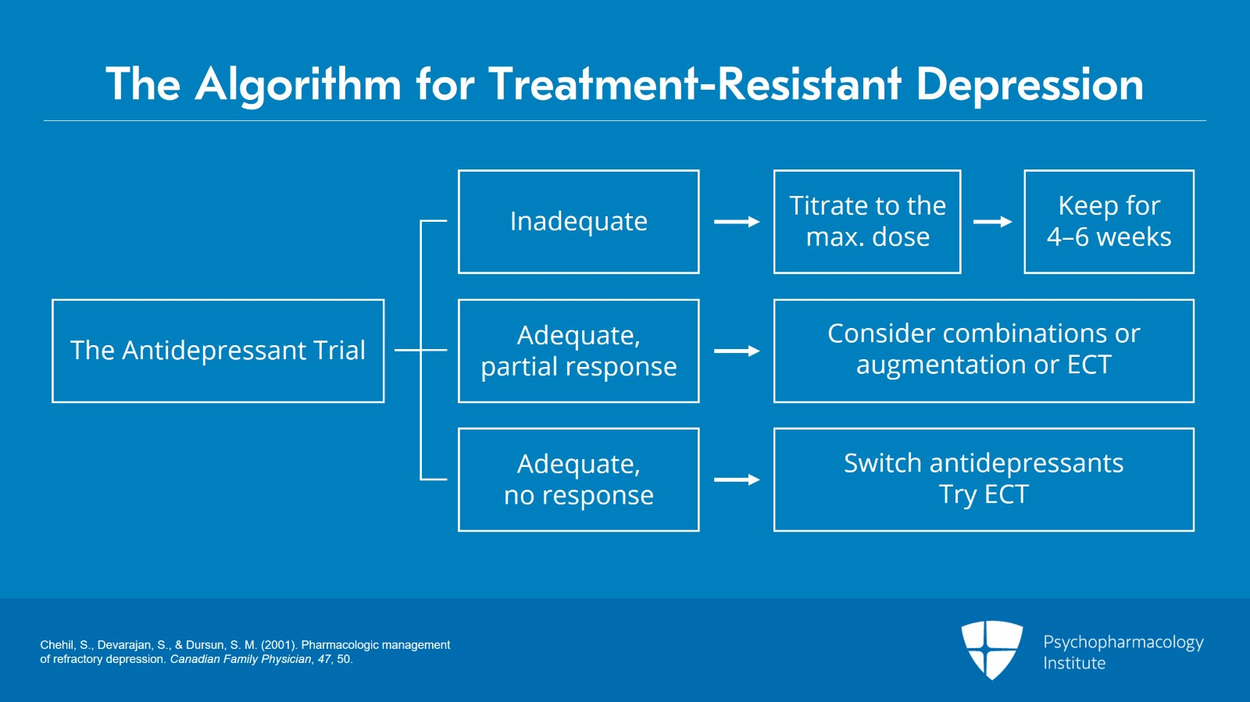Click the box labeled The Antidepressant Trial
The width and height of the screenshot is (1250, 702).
(x=218, y=351)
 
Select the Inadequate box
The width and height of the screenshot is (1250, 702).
(x=578, y=222)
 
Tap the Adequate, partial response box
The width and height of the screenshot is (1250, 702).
(x=578, y=351)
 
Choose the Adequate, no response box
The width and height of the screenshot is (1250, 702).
(x=578, y=479)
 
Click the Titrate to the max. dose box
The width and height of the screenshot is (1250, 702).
(x=867, y=222)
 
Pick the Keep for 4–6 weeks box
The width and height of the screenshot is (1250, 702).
(x=1109, y=222)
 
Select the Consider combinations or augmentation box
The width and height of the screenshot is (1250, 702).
(x=984, y=351)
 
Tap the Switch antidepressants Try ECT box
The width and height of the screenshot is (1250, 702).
(x=984, y=479)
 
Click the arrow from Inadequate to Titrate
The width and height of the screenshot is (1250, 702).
(x=737, y=222)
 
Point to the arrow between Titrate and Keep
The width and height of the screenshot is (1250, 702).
(x=992, y=222)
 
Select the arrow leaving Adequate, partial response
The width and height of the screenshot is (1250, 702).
(x=737, y=351)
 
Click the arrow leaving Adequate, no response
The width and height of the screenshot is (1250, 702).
(x=737, y=479)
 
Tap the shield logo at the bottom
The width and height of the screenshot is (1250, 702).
(x=991, y=649)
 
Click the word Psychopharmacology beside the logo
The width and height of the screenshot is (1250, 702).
(x=1123, y=642)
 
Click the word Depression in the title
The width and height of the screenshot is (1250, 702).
(x=1030, y=84)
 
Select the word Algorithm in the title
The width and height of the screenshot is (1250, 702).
(x=298, y=84)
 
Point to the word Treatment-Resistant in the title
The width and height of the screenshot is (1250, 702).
(x=695, y=84)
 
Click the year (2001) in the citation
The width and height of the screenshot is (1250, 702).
(x=279, y=645)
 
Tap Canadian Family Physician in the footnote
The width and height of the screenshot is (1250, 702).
(x=241, y=659)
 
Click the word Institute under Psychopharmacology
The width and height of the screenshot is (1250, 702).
(x=1074, y=663)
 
